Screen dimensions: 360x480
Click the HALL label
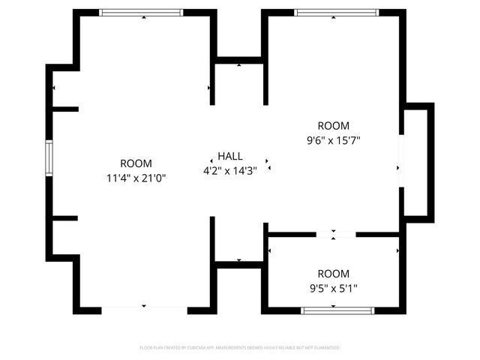pyautogui.click(x=230, y=156)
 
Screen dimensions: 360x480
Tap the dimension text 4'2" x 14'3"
pyautogui.click(x=230, y=170)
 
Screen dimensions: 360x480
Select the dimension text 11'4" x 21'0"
pyautogui.click(x=136, y=178)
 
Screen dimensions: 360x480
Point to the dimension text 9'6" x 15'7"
pyautogui.click(x=333, y=140)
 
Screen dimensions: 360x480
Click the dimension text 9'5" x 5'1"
pyautogui.click(x=333, y=288)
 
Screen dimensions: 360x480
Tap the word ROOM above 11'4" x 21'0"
pyautogui.click(x=136, y=163)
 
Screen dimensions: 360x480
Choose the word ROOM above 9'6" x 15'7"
pyautogui.click(x=333, y=126)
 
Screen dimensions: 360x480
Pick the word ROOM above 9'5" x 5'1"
pyautogui.click(x=333, y=274)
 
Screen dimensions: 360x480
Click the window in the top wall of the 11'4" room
pyautogui.click(x=142, y=13)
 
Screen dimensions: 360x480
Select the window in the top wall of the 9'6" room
pyautogui.click(x=336, y=13)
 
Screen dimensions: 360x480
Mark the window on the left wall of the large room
pyautogui.click(x=49, y=158)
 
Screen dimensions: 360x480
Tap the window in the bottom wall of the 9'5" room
pyautogui.click(x=337, y=310)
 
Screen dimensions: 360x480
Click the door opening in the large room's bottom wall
pyautogui.click(x=144, y=309)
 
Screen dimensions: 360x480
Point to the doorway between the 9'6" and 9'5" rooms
pyautogui.click(x=335, y=235)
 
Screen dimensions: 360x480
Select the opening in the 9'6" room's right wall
pyautogui.click(x=401, y=161)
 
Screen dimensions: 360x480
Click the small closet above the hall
pyautogui.click(x=239, y=82)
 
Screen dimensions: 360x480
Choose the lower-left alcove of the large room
pyautogui.click(x=65, y=238)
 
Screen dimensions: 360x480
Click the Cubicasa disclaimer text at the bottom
pyautogui.click(x=240, y=348)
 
